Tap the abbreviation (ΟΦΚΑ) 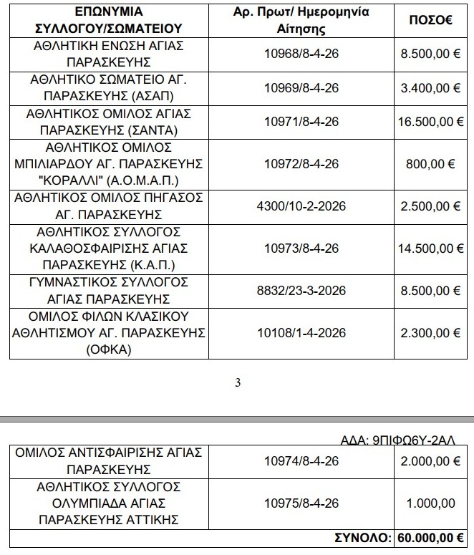[x=107, y=350]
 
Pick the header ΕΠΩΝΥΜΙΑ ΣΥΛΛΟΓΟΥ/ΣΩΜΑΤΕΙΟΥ [x=107, y=21]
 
